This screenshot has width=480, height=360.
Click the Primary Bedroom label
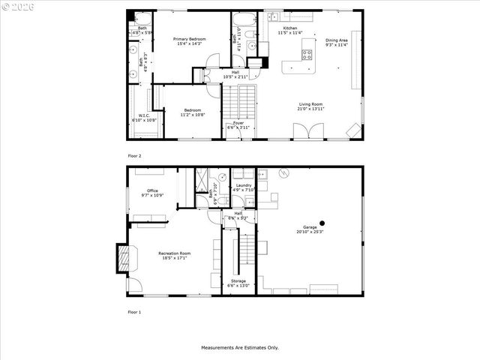click(190, 39)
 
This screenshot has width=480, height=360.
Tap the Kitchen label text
click(289, 28)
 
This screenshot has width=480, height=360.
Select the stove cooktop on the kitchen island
click(307, 54)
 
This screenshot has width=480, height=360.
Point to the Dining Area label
click(336, 40)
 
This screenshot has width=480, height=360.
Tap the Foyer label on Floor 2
click(238, 123)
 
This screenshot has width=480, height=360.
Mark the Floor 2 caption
click(134, 155)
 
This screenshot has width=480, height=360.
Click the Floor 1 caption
click(134, 311)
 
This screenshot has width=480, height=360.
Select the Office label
click(152, 190)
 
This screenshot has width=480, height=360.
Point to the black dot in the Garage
click(322, 223)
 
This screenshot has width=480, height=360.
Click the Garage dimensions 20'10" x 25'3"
click(310, 231)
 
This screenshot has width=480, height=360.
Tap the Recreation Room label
click(174, 253)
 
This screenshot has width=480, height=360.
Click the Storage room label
click(238, 280)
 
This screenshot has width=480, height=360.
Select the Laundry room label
click(244, 185)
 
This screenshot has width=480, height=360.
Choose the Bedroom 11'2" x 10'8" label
click(193, 110)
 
